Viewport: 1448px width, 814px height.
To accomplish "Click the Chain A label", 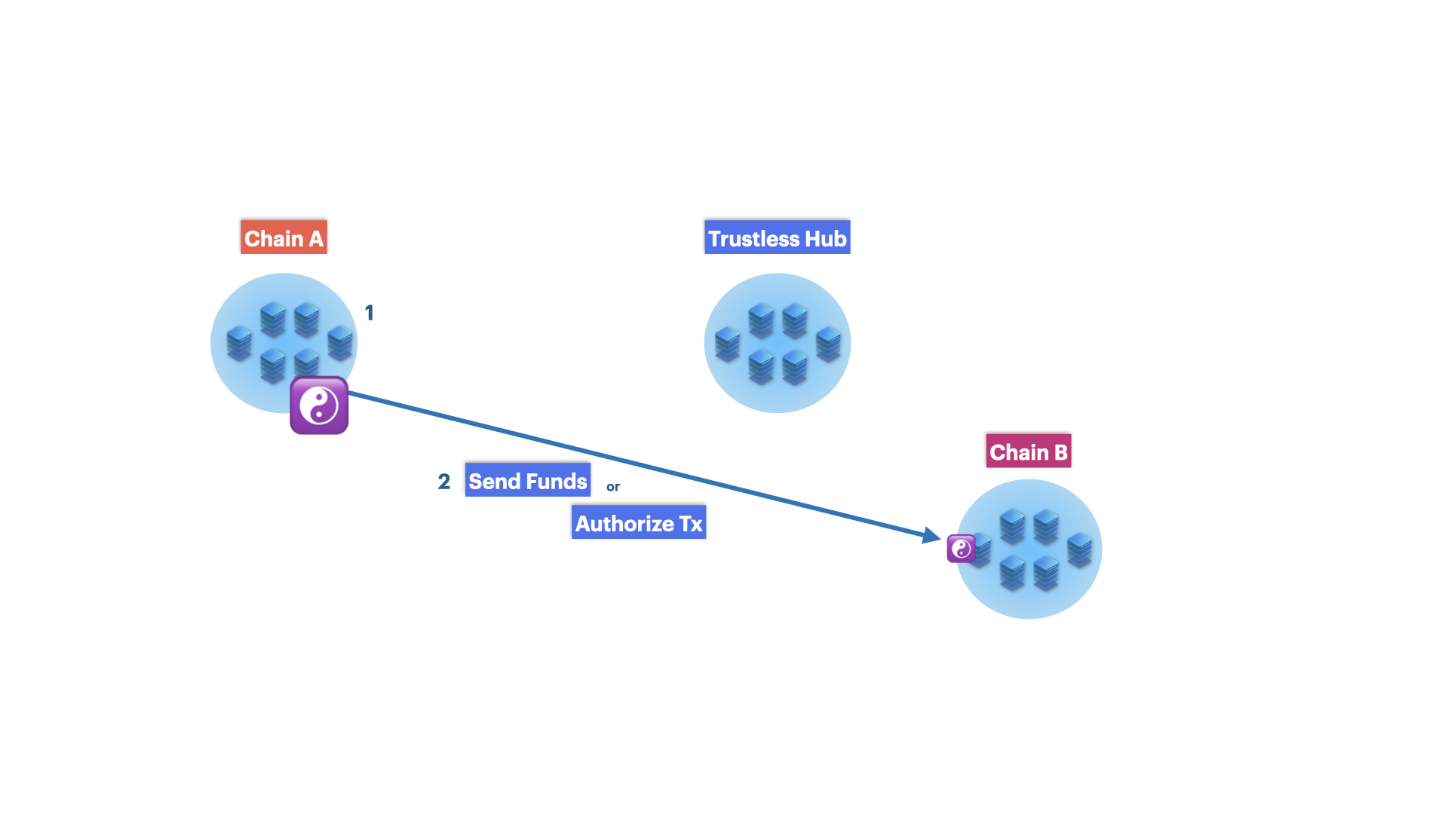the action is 284,237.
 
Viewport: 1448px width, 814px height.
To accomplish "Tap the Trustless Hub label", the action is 777,237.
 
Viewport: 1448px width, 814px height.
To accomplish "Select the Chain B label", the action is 1028,451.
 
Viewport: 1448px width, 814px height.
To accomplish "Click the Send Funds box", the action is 528,480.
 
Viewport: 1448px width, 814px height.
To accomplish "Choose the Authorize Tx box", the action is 639,522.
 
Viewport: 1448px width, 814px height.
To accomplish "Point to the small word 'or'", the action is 613,487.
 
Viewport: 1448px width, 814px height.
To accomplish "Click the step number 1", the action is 370,313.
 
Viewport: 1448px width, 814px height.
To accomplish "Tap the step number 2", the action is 444,482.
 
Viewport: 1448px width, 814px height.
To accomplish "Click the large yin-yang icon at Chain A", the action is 319,405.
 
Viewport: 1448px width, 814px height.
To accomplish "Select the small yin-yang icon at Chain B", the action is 961,549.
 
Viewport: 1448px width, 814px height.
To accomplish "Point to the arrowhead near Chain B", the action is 932,535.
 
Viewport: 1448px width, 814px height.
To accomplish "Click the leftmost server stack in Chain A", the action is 239,343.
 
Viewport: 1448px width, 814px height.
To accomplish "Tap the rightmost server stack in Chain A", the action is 340,343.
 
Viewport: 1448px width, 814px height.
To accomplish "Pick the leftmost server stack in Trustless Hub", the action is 727,344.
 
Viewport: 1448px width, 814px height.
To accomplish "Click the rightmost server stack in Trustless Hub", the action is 828,344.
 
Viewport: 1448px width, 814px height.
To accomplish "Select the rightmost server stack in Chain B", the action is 1079,550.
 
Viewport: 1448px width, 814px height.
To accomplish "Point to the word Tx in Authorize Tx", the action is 691,524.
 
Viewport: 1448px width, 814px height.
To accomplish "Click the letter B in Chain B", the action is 1060,452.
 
